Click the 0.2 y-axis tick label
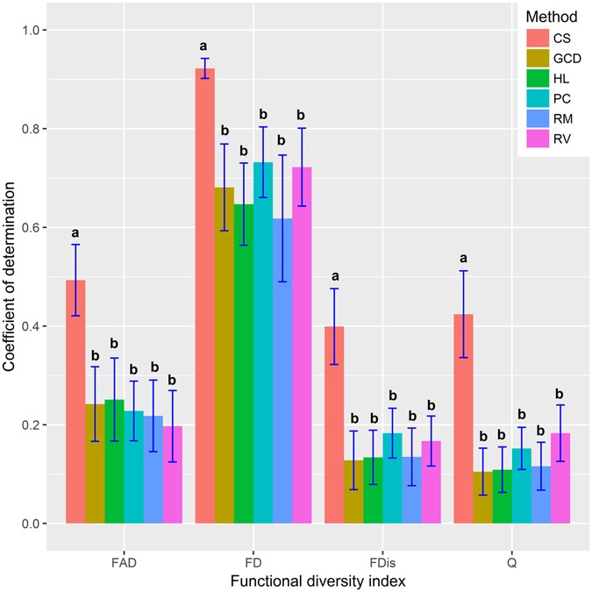(x=32, y=425)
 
